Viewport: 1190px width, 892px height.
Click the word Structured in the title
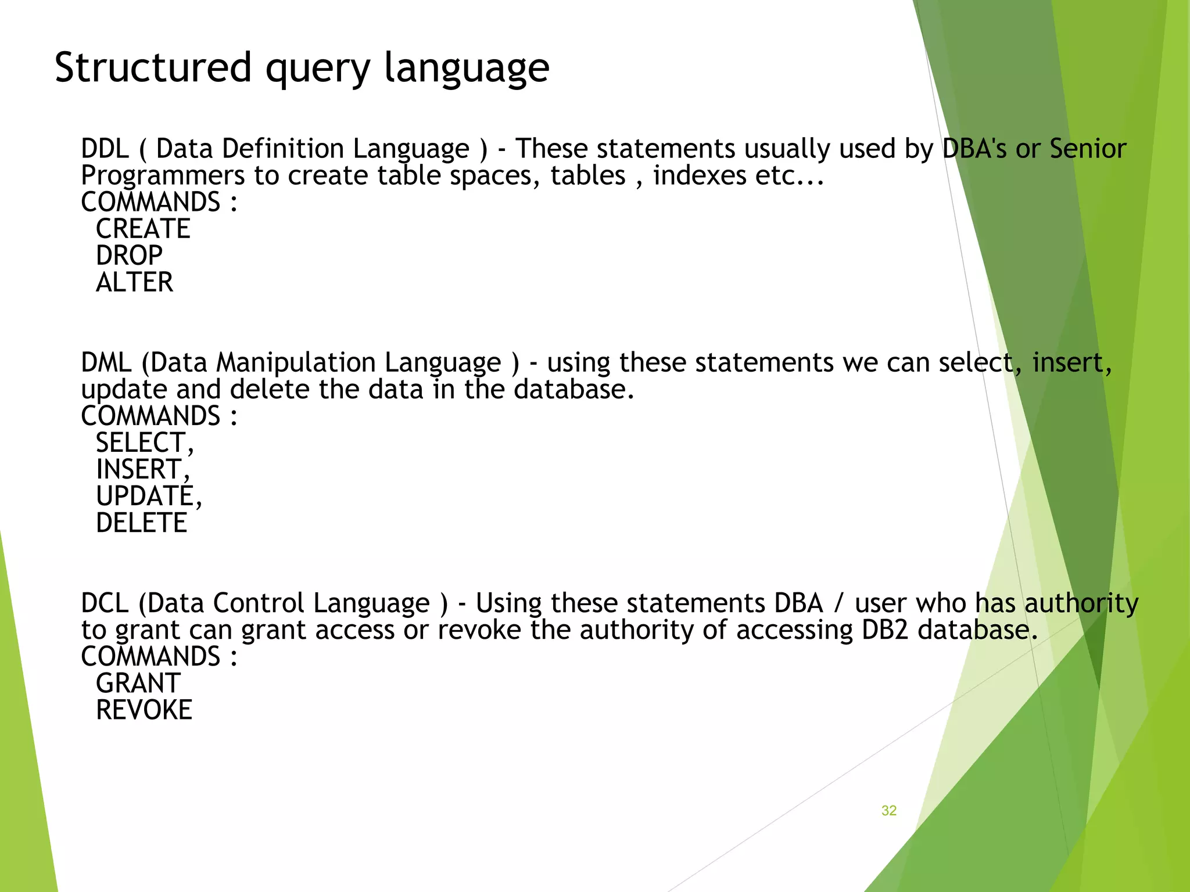[152, 67]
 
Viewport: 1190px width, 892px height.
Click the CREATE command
[143, 229]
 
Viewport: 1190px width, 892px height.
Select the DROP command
[129, 256]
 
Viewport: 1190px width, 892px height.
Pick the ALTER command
[134, 282]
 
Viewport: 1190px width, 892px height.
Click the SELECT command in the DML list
[141, 443]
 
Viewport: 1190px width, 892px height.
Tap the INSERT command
[139, 469]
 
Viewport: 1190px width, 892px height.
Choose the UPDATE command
[145, 496]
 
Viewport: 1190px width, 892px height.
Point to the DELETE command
[141, 523]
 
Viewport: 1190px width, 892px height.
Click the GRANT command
[138, 683]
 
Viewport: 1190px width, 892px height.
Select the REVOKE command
[144, 710]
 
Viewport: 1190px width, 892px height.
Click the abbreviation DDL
[105, 149]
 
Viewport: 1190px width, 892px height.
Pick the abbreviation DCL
[105, 603]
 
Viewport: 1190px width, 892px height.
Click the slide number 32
[889, 811]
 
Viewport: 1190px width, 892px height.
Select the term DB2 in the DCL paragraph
[884, 630]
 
